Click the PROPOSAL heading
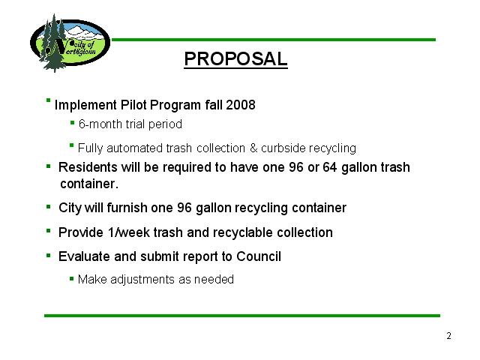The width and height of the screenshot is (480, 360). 235,58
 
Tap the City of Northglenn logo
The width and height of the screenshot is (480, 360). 70,43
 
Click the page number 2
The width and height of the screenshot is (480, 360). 448,336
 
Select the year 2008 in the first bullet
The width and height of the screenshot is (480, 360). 241,105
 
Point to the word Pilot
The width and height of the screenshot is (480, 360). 133,105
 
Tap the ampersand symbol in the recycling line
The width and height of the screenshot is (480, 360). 253,148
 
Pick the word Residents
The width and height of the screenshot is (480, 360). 88,167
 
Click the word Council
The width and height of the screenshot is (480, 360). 259,256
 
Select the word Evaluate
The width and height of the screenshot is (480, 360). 84,256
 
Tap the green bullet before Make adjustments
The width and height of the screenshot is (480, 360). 72,278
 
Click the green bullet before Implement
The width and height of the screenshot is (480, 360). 48,100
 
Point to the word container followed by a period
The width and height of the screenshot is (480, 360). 89,184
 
